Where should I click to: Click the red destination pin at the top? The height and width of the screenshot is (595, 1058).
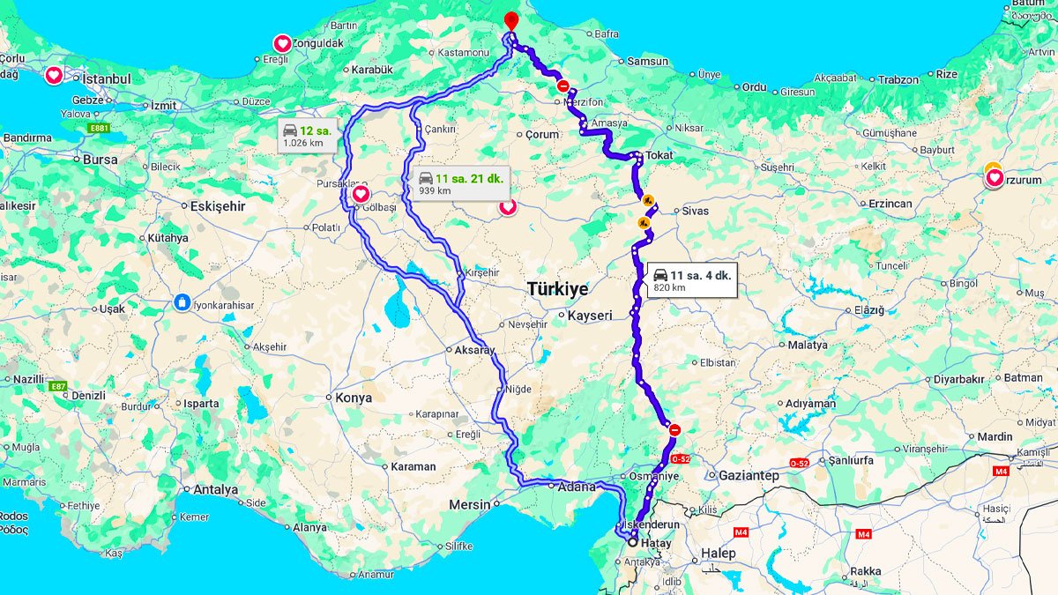(511, 20)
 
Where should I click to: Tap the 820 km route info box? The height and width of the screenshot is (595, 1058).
(691, 280)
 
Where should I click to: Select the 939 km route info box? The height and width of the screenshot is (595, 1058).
(460, 183)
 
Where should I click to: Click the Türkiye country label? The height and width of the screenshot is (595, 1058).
(557, 289)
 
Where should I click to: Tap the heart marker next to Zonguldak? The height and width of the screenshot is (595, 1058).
(282, 43)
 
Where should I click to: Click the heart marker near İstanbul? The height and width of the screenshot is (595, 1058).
(54, 76)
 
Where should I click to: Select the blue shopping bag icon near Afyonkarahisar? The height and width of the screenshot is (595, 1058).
(183, 301)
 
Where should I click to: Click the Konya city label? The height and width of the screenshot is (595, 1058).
(354, 398)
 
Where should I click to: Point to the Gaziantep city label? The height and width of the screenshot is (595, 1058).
(749, 475)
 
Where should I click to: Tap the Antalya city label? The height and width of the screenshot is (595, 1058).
(215, 489)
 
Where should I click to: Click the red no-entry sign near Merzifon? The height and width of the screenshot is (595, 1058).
(563, 86)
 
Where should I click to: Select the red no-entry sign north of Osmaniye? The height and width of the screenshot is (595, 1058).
(675, 430)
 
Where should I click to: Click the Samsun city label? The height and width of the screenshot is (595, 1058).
(648, 62)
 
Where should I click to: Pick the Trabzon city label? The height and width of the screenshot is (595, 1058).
(898, 79)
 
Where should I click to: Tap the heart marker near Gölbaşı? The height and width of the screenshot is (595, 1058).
(361, 194)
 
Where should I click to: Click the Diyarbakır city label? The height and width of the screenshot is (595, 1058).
(958, 379)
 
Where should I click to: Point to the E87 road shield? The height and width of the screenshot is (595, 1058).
(59, 386)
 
